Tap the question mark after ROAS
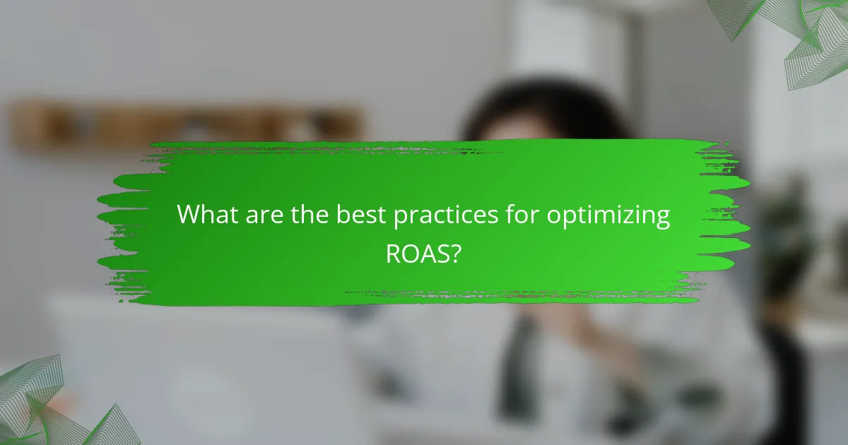pos(457,254)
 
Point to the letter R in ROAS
pos(393,254)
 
